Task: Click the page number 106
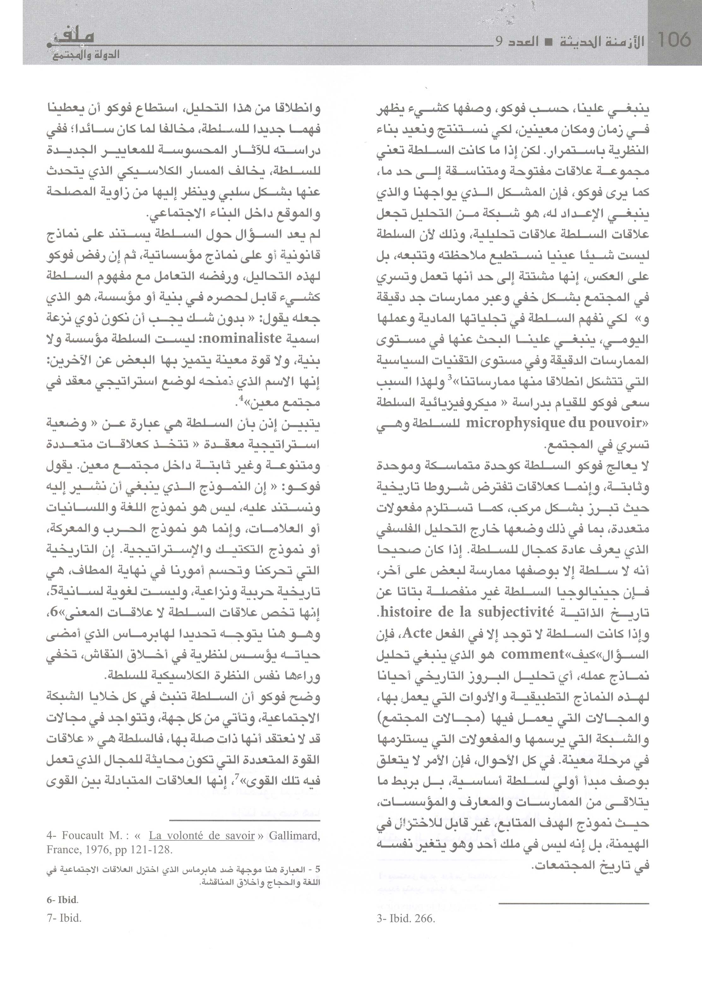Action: tap(673, 40)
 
